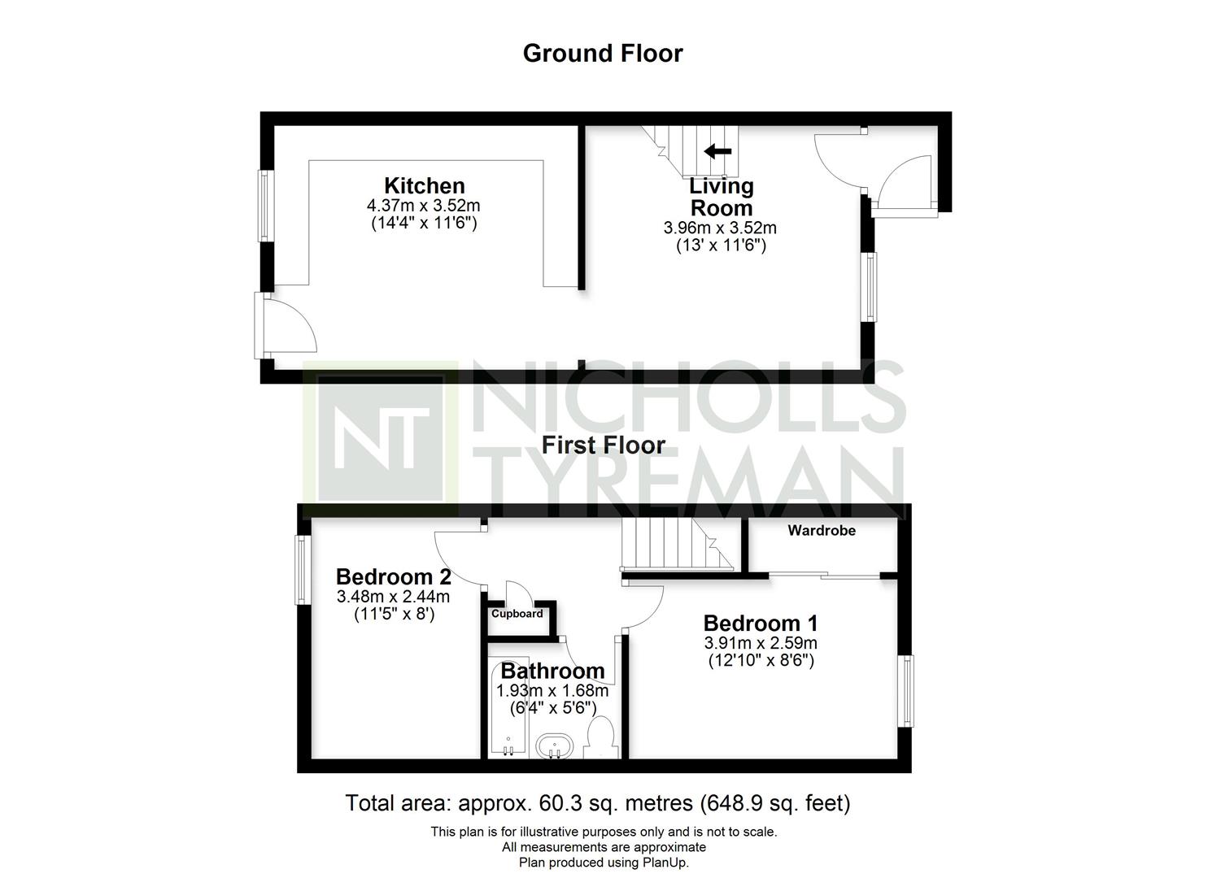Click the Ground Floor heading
pyautogui.click(x=603, y=54)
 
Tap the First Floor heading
pyautogui.click(x=603, y=446)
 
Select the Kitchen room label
pyautogui.click(x=425, y=186)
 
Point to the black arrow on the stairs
pyautogui.click(x=717, y=151)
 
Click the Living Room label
pyautogui.click(x=721, y=198)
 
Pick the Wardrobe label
pyautogui.click(x=822, y=530)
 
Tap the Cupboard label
pyautogui.click(x=517, y=614)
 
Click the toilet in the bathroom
pyautogui.click(x=602, y=737)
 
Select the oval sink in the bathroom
pyautogui.click(x=555, y=746)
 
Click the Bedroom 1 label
pyautogui.click(x=761, y=624)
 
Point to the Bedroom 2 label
pyautogui.click(x=393, y=576)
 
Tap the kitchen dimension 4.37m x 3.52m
pyautogui.click(x=423, y=206)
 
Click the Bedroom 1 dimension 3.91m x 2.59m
pyautogui.click(x=761, y=643)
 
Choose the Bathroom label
pyautogui.click(x=553, y=671)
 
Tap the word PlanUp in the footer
pyautogui.click(x=665, y=863)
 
